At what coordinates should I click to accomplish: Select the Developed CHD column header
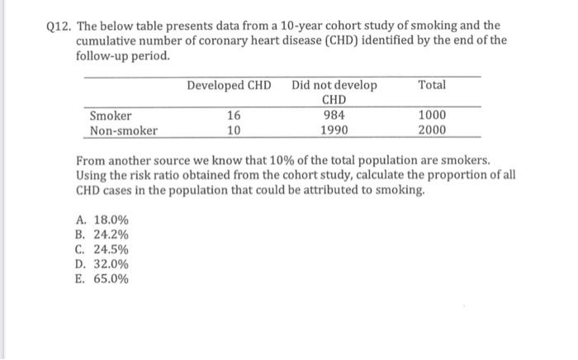(x=229, y=86)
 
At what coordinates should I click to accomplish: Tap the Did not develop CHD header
(x=334, y=93)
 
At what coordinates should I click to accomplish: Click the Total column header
(x=432, y=86)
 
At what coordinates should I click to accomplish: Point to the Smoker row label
(x=111, y=116)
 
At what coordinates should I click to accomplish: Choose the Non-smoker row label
(x=124, y=130)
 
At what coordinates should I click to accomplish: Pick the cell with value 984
(x=334, y=116)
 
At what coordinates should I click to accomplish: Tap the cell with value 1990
(x=334, y=130)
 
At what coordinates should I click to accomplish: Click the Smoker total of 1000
(x=432, y=116)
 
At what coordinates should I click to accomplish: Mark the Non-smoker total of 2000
(x=432, y=130)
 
